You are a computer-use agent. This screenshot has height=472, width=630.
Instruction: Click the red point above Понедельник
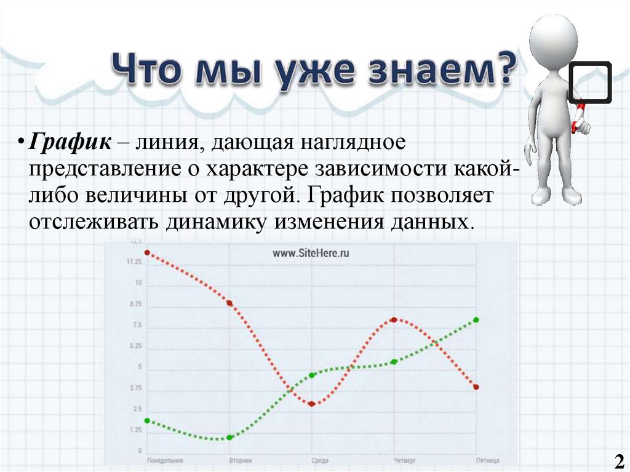(x=147, y=252)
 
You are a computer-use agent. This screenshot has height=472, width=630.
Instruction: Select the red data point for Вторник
(x=229, y=303)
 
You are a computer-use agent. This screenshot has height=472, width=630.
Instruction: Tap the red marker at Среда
(x=312, y=404)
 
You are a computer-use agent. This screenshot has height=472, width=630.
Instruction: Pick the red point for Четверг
(x=394, y=319)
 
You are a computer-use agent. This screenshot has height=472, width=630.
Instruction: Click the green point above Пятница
(x=476, y=319)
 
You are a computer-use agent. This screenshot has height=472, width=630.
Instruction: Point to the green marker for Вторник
(x=229, y=438)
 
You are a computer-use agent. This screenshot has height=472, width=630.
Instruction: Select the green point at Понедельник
(x=147, y=420)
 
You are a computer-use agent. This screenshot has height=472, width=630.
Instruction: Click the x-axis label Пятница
(x=487, y=460)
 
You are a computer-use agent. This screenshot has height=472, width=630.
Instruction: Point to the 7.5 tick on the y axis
(x=137, y=325)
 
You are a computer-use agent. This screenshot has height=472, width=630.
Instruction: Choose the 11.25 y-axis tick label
(x=134, y=262)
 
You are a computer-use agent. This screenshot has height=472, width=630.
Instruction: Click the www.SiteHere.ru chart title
(x=311, y=253)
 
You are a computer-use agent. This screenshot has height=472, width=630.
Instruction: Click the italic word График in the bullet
(x=71, y=143)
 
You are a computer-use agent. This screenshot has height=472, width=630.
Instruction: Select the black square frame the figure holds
(x=589, y=82)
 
